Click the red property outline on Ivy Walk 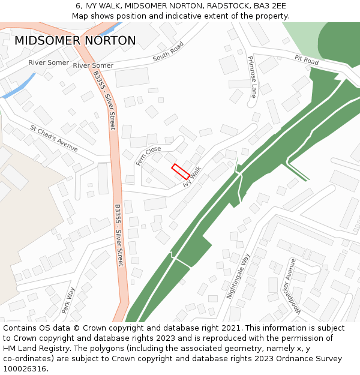click(181, 171)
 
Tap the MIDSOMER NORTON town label click(75, 41)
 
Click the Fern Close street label click(148, 155)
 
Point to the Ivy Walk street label click(192, 178)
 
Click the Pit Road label click(307, 60)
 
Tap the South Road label click(167, 52)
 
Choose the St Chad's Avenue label click(54, 138)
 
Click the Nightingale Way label click(238, 276)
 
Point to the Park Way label click(68, 301)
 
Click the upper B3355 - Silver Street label click(104, 100)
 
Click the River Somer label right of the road click(93, 65)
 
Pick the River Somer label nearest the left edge click(48, 62)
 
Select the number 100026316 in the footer click(24, 368)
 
